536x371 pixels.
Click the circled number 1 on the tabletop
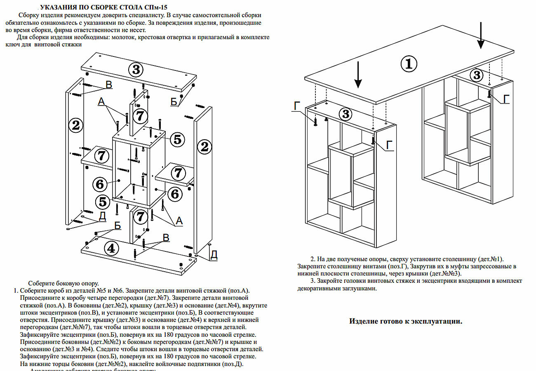click(x=409, y=64)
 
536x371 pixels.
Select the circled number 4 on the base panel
click(x=111, y=248)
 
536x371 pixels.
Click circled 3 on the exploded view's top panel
click(x=136, y=69)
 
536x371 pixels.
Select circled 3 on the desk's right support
click(x=477, y=75)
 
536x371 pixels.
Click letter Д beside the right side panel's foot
click(x=214, y=255)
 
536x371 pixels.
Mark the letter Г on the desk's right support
click(x=506, y=99)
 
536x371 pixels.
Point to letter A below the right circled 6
click(x=179, y=221)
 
